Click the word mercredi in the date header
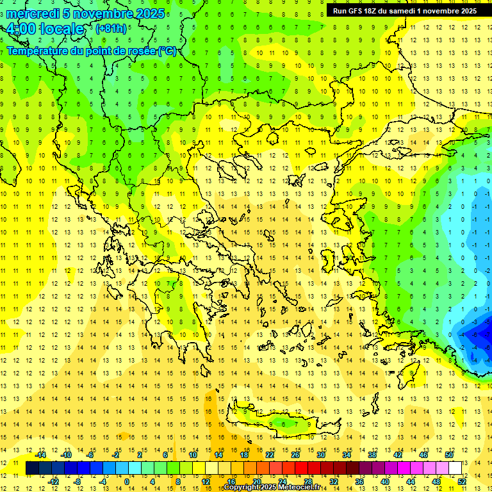point(33,13)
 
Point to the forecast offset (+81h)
point(111,29)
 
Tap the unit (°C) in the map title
point(167,51)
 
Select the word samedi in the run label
point(402,10)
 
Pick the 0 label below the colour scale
point(126,482)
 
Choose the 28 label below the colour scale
point(308,482)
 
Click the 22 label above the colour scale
point(270,455)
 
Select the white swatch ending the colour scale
point(455,468)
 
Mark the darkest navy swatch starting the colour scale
point(32,468)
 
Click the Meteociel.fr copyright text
point(272,488)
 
